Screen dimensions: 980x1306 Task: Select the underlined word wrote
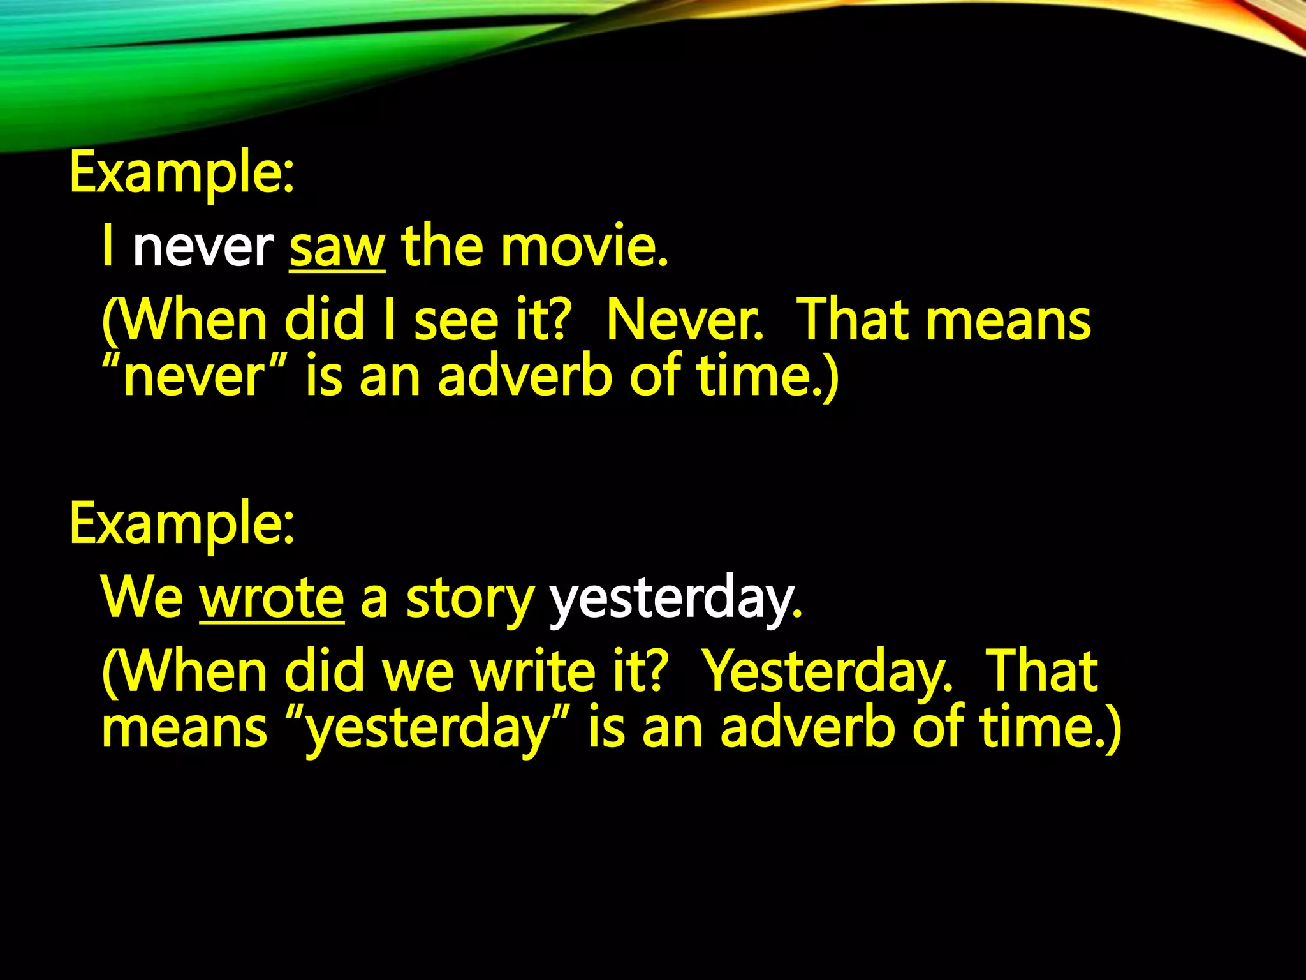click(x=272, y=598)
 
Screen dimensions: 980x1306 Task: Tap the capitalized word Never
click(x=684, y=320)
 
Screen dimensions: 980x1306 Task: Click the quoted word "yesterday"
click(x=429, y=729)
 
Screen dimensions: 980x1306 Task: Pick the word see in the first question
click(x=456, y=320)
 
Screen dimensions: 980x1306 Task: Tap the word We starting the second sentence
click(x=142, y=598)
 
